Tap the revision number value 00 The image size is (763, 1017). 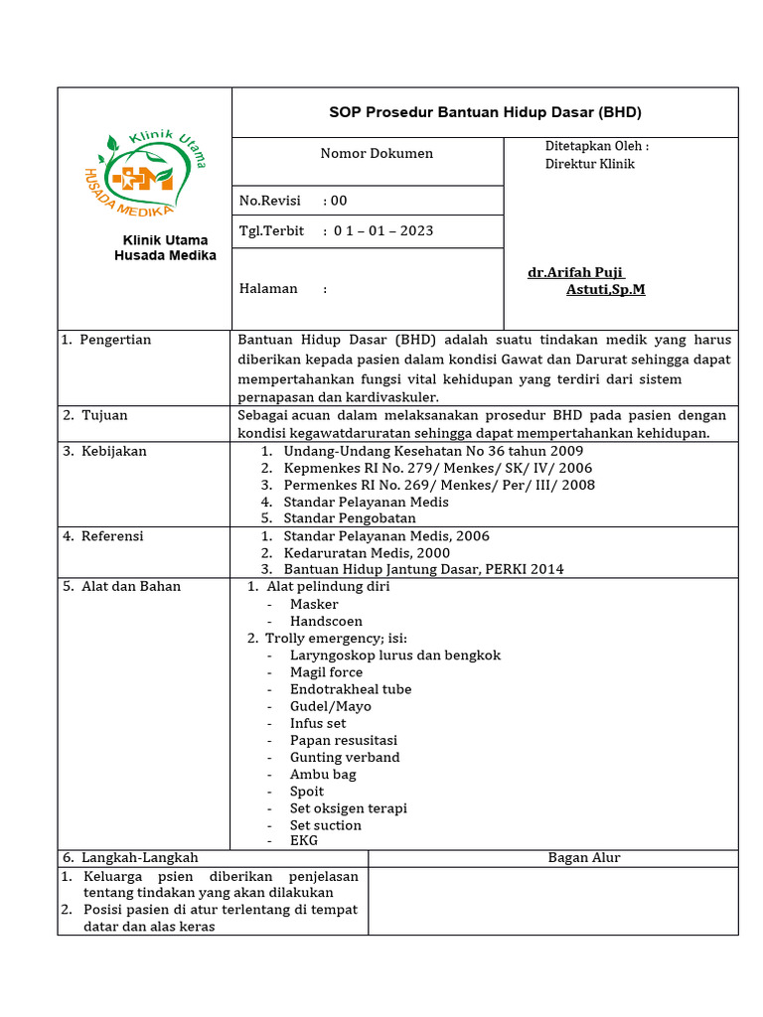[339, 201]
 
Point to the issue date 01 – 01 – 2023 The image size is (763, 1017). [383, 231]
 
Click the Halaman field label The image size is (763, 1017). [268, 289]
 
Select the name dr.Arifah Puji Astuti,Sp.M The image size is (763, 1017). [585, 281]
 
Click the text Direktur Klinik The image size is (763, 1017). [589, 164]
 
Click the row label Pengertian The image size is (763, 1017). [115, 340]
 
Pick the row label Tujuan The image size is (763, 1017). [104, 415]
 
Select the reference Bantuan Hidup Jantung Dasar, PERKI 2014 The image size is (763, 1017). [423, 569]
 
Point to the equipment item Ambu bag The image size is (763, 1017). [323, 775]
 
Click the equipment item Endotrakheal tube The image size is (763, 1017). [350, 689]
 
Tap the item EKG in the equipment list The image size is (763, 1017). [304, 840]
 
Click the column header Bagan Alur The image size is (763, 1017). [584, 858]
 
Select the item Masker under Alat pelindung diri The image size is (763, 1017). [314, 604]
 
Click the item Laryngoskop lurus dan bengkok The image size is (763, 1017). [394, 655]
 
